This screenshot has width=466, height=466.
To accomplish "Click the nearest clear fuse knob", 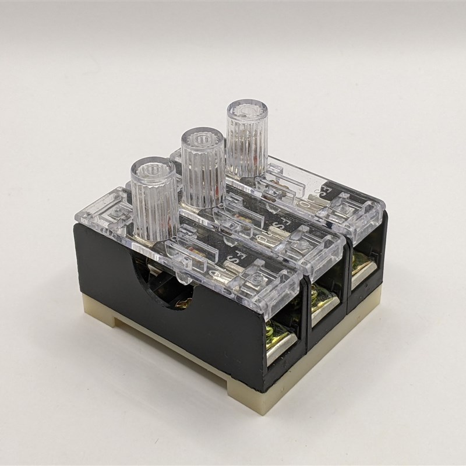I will click(x=153, y=198).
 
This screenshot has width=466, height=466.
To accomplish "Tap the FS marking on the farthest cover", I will click(x=320, y=193).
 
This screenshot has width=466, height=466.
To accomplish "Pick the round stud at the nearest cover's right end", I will click(x=256, y=283).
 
